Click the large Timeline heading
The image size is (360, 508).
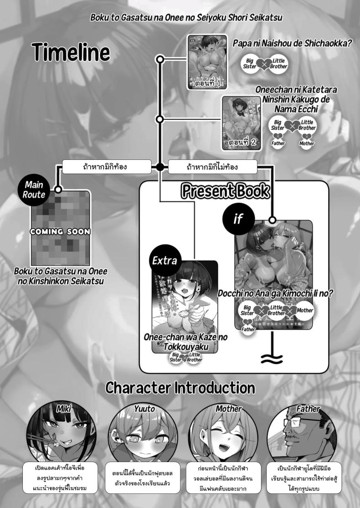click(x=71, y=52)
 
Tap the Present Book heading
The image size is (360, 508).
click(x=225, y=191)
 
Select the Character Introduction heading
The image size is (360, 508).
click(x=180, y=388)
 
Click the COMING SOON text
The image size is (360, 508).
click(x=60, y=231)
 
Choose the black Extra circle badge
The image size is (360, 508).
click(x=165, y=261)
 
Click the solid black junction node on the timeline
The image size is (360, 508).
click(x=160, y=167)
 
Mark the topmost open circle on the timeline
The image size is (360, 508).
click(x=160, y=59)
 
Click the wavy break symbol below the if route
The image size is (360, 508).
click(x=273, y=359)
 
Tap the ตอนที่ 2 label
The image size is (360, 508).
click(x=241, y=142)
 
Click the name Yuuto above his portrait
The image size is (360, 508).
click(x=144, y=409)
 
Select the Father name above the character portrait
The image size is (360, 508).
click(x=308, y=409)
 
